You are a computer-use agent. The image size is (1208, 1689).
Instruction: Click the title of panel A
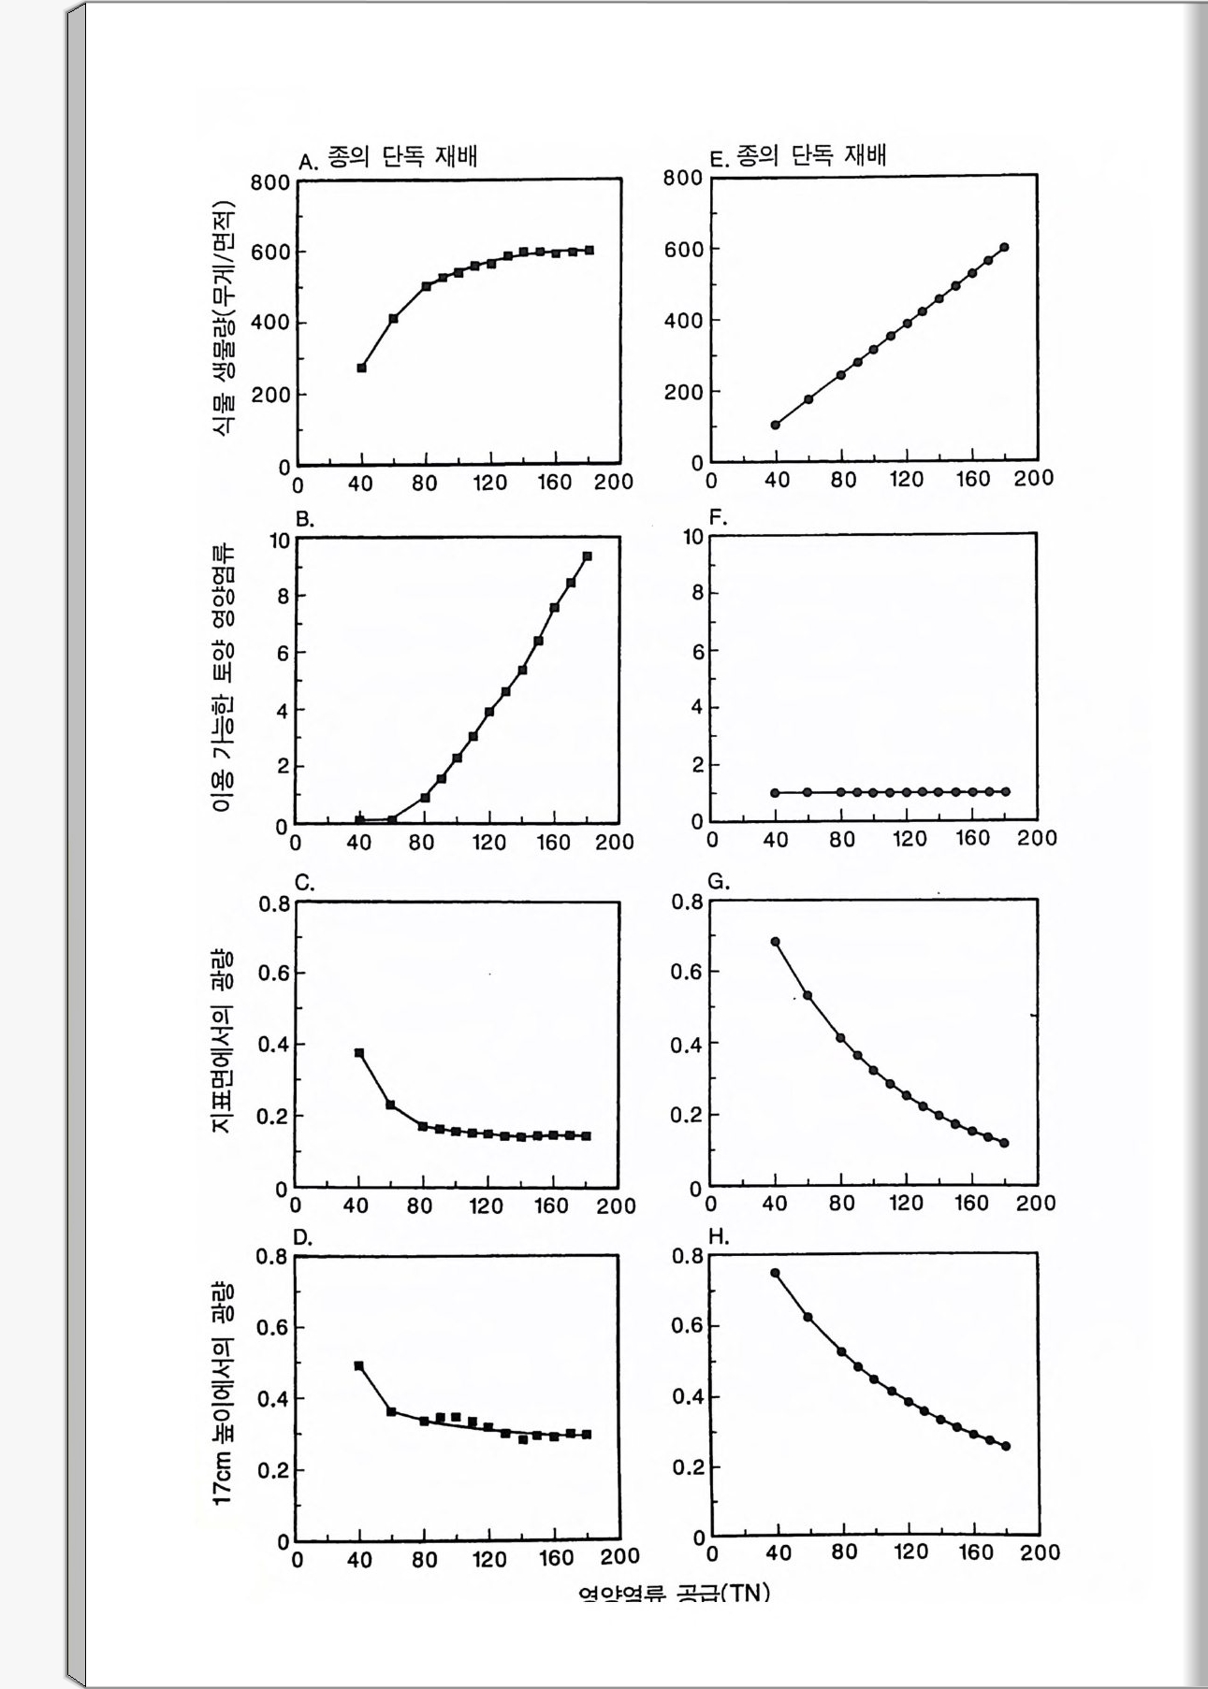click(x=387, y=157)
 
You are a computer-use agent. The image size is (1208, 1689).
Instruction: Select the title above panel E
click(x=797, y=155)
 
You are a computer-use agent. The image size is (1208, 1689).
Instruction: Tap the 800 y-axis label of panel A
click(x=270, y=182)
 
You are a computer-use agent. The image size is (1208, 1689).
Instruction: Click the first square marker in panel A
click(x=361, y=368)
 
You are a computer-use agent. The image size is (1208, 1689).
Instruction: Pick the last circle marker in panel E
click(x=1005, y=248)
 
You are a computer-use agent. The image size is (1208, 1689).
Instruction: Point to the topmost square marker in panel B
click(x=587, y=556)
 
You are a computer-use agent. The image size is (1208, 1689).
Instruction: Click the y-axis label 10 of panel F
click(x=692, y=537)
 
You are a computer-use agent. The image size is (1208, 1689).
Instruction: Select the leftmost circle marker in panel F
click(x=775, y=793)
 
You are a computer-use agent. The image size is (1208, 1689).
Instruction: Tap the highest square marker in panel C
click(x=358, y=1053)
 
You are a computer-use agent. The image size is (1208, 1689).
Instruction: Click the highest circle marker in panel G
click(x=775, y=942)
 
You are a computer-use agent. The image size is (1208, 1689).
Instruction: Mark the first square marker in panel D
click(x=358, y=1365)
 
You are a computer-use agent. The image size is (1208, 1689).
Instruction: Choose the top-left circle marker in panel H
click(x=775, y=1273)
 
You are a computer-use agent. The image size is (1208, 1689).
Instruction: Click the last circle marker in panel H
click(x=1006, y=1446)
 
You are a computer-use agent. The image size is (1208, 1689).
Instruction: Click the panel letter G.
click(x=719, y=882)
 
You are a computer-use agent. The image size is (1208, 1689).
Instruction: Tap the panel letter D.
click(x=302, y=1238)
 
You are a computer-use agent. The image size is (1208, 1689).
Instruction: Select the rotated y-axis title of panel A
click(x=223, y=318)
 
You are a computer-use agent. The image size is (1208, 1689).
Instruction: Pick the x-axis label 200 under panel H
click(x=1040, y=1552)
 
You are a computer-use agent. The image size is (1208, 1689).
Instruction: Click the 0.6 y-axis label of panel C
click(x=274, y=974)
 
